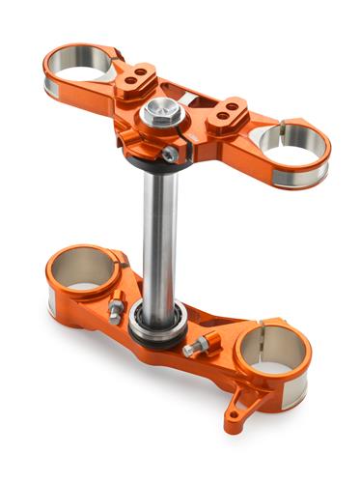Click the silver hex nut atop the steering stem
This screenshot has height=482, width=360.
pyautogui.click(x=161, y=115)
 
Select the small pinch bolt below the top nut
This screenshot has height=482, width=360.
pyautogui.click(x=171, y=154)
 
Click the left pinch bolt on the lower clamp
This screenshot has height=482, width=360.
pyautogui.click(x=116, y=309)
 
